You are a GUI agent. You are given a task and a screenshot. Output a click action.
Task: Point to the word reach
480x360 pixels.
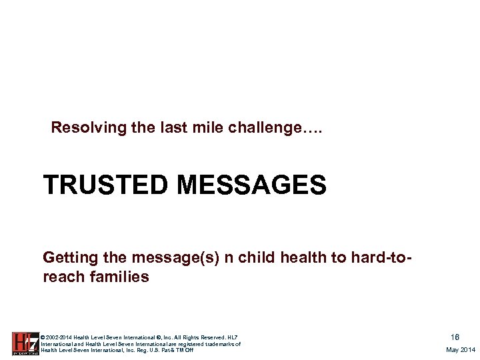(63, 276)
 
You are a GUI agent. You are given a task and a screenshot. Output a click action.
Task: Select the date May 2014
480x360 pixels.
(461, 350)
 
